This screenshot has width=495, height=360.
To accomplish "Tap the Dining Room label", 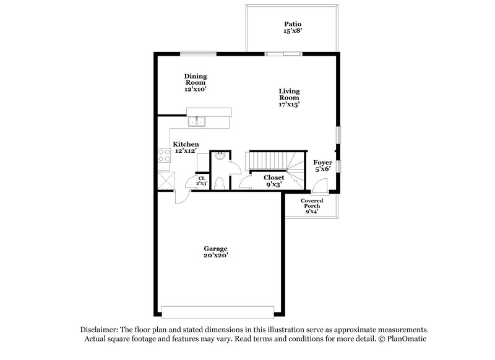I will pos(195,82).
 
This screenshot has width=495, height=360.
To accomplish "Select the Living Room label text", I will pos(288,98).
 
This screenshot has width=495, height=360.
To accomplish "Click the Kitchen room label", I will pos(186,147).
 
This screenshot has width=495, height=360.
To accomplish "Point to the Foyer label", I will pos(322,165).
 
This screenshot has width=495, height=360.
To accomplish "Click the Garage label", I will pos(217,251).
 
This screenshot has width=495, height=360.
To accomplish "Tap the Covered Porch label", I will pos(312,206).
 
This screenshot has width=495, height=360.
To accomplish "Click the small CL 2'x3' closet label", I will pos(201,181).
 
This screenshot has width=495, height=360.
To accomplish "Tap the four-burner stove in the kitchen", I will pos(165,156).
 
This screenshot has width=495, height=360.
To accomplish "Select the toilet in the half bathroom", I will pos(220,182).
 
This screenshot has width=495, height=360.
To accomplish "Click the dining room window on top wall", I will pos(198,53).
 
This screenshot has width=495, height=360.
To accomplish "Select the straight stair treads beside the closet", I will pos(266,161).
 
